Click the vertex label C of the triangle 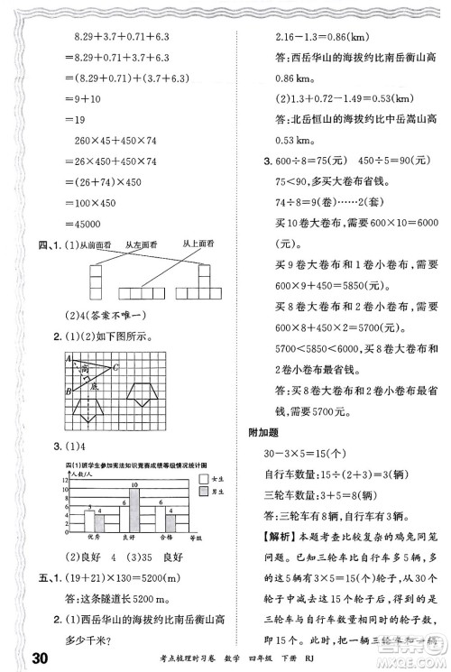(x=115, y=366)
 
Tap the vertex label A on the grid (x=67, y=358)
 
